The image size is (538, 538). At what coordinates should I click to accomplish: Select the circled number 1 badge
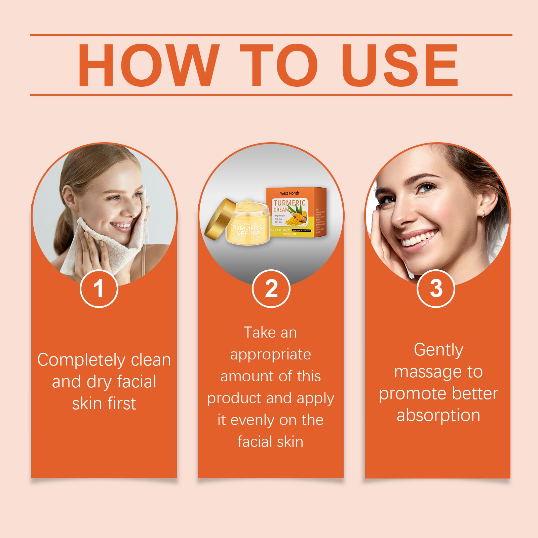click(x=99, y=289)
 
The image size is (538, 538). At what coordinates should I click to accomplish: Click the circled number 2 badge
click(x=271, y=289)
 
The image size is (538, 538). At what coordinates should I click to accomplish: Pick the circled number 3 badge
click(x=436, y=289)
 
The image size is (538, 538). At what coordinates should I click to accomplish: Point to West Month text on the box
click(x=289, y=193)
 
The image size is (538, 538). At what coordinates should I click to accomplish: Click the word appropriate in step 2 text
click(x=270, y=354)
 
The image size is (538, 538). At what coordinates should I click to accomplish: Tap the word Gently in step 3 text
click(x=438, y=350)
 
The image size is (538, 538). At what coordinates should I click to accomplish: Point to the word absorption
click(x=438, y=415)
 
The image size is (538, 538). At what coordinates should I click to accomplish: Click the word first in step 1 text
click(x=121, y=403)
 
